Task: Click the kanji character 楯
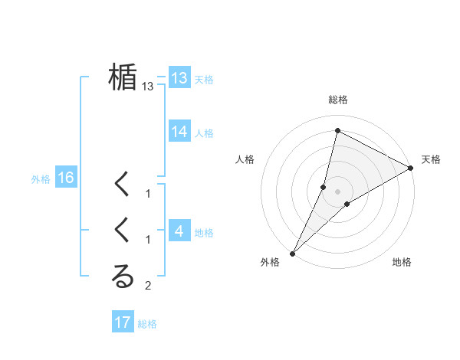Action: pyautogui.click(x=123, y=77)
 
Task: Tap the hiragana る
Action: pyautogui.click(x=123, y=277)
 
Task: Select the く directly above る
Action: pyautogui.click(x=123, y=230)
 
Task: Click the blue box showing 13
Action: pyautogui.click(x=179, y=77)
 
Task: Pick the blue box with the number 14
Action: pyautogui.click(x=179, y=132)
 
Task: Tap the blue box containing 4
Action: pyautogui.click(x=179, y=231)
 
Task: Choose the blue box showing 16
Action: pyautogui.click(x=66, y=178)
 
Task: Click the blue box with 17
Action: pyautogui.click(x=123, y=322)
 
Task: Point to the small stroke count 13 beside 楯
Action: pyautogui.click(x=148, y=87)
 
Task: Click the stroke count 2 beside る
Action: pyautogui.click(x=148, y=286)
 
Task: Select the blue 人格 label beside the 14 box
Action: pyautogui.click(x=204, y=133)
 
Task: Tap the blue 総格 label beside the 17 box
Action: pyautogui.click(x=147, y=324)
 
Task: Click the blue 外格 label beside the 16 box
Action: pyautogui.click(x=41, y=179)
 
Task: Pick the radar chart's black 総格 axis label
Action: pyautogui.click(x=337, y=100)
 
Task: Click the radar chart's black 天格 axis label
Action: pyautogui.click(x=431, y=159)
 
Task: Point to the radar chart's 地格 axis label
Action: pyautogui.click(x=402, y=262)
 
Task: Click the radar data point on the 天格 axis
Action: pyautogui.click(x=411, y=169)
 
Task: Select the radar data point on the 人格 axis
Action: pyautogui.click(x=324, y=187)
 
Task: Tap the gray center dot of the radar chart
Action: pyautogui.click(x=337, y=191)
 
